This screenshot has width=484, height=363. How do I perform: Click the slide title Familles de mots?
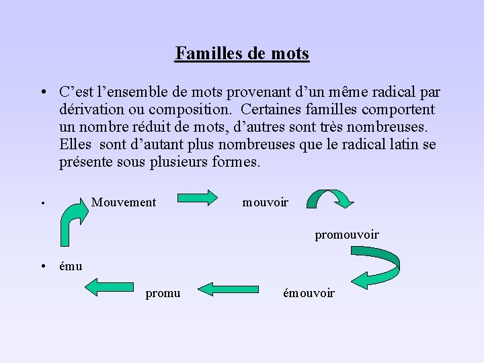pyautogui.click(x=242, y=53)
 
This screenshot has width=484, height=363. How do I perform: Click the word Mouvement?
pyautogui.click(x=124, y=202)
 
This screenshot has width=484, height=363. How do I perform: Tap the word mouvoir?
pyautogui.click(x=265, y=202)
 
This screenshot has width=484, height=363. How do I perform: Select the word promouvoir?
pyautogui.click(x=347, y=235)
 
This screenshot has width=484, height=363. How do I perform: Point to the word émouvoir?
pyautogui.click(x=309, y=293)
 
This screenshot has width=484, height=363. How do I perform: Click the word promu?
pyautogui.click(x=163, y=293)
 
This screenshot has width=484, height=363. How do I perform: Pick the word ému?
pyautogui.click(x=71, y=266)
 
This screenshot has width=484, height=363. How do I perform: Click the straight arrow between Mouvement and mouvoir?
pyautogui.click(x=198, y=198)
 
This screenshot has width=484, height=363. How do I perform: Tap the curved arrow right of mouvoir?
pyautogui.click(x=330, y=197)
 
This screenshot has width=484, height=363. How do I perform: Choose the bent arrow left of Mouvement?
pyautogui.click(x=71, y=223)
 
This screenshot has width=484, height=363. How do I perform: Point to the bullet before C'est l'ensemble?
pyautogui.click(x=42, y=92)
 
